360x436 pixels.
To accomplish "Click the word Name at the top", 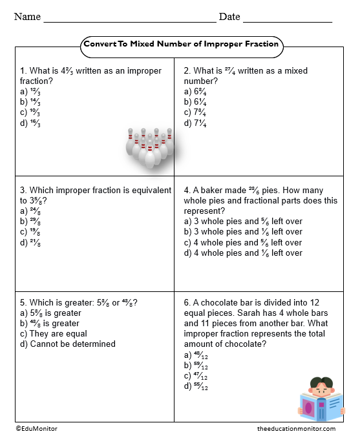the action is [27, 17].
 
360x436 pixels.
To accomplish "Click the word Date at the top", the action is [229, 17].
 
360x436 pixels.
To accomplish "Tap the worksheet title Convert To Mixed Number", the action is [181, 45].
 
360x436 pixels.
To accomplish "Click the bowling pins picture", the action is [150, 148].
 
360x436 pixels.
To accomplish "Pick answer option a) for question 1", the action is [32, 92].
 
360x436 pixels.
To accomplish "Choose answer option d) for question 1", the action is [32, 123].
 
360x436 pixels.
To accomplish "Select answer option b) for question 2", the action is [195, 102].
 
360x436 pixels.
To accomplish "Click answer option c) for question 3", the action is [32, 232].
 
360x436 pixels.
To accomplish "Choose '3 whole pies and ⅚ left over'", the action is [243, 222].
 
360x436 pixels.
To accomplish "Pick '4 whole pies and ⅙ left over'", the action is [243, 253].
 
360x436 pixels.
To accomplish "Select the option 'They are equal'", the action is [54, 333].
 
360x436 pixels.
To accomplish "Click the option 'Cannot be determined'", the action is [68, 344].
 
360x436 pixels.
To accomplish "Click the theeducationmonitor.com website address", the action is [296, 428].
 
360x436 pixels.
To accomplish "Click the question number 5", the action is [23, 302].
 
